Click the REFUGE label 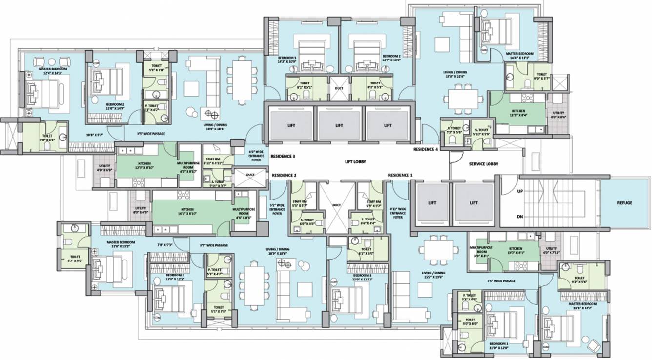point(624,202)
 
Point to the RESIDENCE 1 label point(400,175)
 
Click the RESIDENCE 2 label point(285,175)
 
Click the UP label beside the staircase point(520,191)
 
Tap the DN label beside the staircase point(520,216)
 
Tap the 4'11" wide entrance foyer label point(398,214)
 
